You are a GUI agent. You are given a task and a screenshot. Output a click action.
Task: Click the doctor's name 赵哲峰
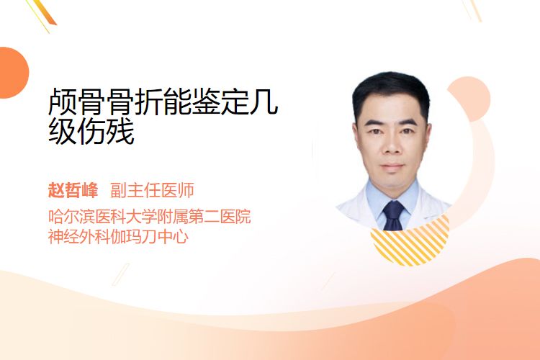coord(73,190)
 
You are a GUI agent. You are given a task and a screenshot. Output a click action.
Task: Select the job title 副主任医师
coord(152,190)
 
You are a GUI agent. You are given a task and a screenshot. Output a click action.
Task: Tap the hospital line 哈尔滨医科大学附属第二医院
coord(150,216)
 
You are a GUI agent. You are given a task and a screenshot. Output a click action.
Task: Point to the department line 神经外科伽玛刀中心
coord(118,237)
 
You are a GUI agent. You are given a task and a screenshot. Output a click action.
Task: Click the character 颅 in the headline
coord(63,102)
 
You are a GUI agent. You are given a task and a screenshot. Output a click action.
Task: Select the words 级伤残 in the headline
coord(91,131)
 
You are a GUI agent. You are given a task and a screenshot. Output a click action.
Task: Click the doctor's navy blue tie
coord(393,216)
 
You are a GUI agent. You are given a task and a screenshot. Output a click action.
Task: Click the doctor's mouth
coord(392,167)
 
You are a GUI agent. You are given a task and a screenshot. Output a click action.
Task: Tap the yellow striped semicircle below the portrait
coord(410,241)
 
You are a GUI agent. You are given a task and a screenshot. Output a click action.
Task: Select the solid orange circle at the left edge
coord(13,73)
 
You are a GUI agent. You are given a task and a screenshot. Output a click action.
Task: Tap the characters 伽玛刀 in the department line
coord(135,237)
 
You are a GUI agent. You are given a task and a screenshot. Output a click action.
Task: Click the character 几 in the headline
coord(264,102)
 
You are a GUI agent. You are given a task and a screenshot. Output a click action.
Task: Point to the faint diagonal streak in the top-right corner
coord(474,9)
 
